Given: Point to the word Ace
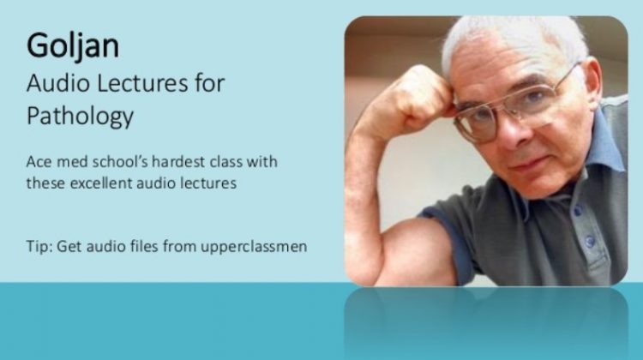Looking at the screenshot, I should pos(39,162).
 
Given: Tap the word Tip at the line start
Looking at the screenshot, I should pos(38,247).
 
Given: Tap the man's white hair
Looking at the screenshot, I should pos(506,39).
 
